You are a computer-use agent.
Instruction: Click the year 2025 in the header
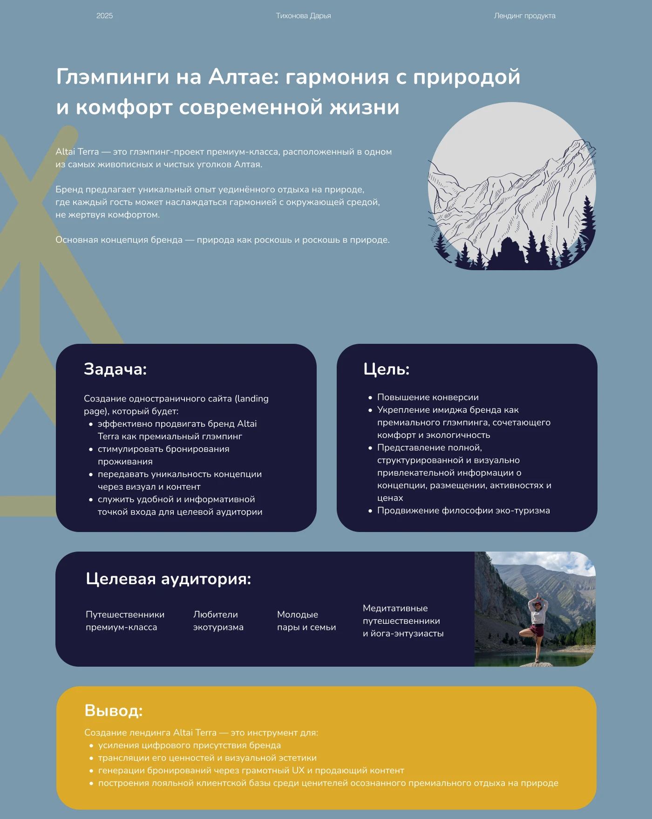104,16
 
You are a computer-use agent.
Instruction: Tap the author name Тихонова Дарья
303,16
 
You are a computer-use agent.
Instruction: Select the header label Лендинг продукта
524,16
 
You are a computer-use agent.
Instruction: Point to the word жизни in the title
365,107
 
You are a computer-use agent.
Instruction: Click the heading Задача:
115,369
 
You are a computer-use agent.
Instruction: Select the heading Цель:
386,369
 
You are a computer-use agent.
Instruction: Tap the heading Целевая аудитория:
168,579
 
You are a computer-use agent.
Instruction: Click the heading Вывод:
113,710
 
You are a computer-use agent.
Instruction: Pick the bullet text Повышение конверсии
428,397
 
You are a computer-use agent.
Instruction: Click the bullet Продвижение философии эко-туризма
463,511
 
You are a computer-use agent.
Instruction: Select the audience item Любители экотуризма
218,621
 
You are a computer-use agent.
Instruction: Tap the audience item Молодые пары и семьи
306,621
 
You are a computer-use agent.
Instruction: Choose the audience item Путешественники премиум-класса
125,621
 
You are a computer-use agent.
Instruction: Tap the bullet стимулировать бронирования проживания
163,455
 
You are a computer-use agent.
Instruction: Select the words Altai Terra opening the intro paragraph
77,152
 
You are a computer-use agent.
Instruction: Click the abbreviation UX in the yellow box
298,771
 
